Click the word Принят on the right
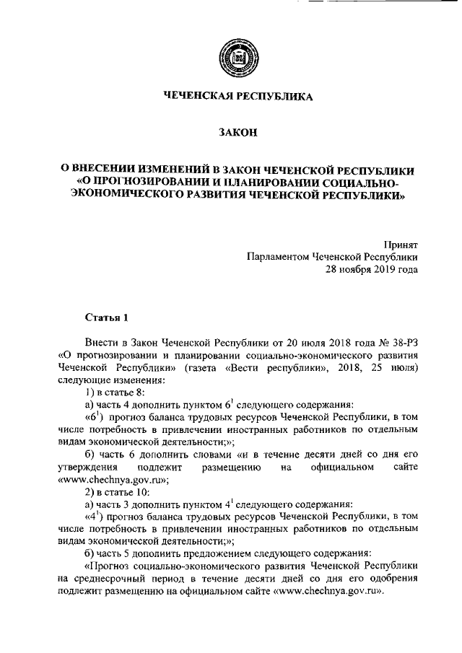coord(400,244)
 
